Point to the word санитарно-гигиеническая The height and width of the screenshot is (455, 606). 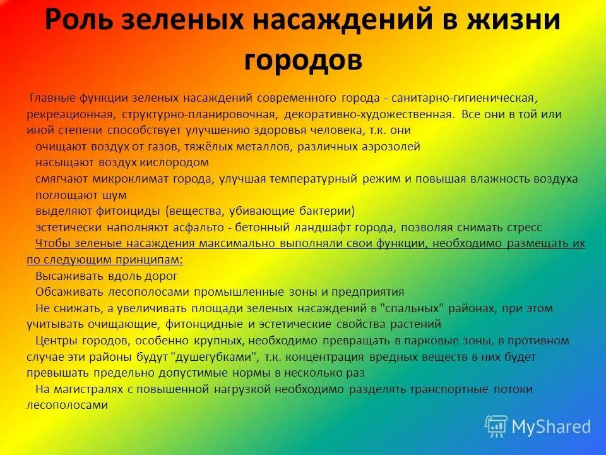pyautogui.click(x=464, y=99)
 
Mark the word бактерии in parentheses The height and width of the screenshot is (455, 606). pyautogui.click(x=321, y=211)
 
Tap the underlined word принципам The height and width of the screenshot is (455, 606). pyautogui.click(x=152, y=260)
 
